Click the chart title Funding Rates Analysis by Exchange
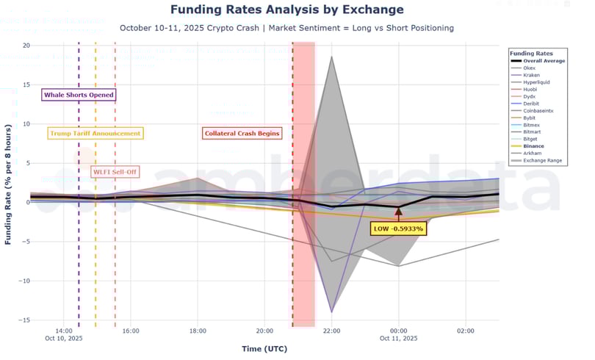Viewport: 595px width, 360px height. pos(286,10)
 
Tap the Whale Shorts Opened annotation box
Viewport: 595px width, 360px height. pos(79,95)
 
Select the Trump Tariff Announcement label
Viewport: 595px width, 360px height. pos(95,134)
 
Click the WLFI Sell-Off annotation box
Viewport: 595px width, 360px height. pos(115,172)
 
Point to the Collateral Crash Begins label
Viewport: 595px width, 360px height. pos(242,134)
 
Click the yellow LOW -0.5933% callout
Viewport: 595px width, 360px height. pos(398,228)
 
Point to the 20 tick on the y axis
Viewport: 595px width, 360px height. pos(26,46)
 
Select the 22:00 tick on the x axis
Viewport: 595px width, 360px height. pos(331,331)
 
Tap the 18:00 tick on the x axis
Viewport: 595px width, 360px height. pos(197,331)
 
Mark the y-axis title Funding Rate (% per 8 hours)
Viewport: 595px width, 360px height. pos(8,184)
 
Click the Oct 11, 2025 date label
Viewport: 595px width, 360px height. pos(398,339)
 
